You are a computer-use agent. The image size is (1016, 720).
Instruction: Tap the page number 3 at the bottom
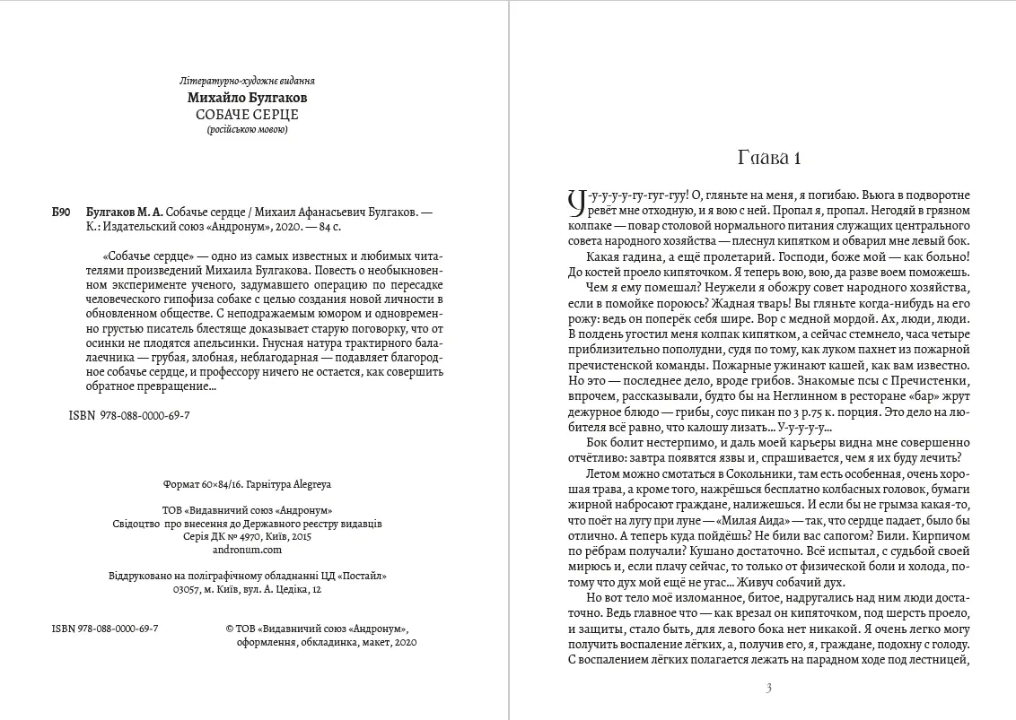(x=768, y=689)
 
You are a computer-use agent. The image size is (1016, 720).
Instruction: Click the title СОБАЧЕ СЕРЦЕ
(x=247, y=114)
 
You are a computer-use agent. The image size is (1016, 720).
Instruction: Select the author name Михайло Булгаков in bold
(x=247, y=98)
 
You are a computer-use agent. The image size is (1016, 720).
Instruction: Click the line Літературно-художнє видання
(x=247, y=81)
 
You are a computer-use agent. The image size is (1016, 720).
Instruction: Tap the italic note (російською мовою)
(x=247, y=129)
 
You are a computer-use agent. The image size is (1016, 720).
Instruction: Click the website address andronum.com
(x=247, y=550)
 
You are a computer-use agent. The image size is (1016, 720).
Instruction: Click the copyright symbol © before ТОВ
(x=230, y=629)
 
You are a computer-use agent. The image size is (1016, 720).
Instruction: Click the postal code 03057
(x=188, y=590)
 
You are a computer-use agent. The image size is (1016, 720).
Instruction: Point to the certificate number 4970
(x=251, y=536)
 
